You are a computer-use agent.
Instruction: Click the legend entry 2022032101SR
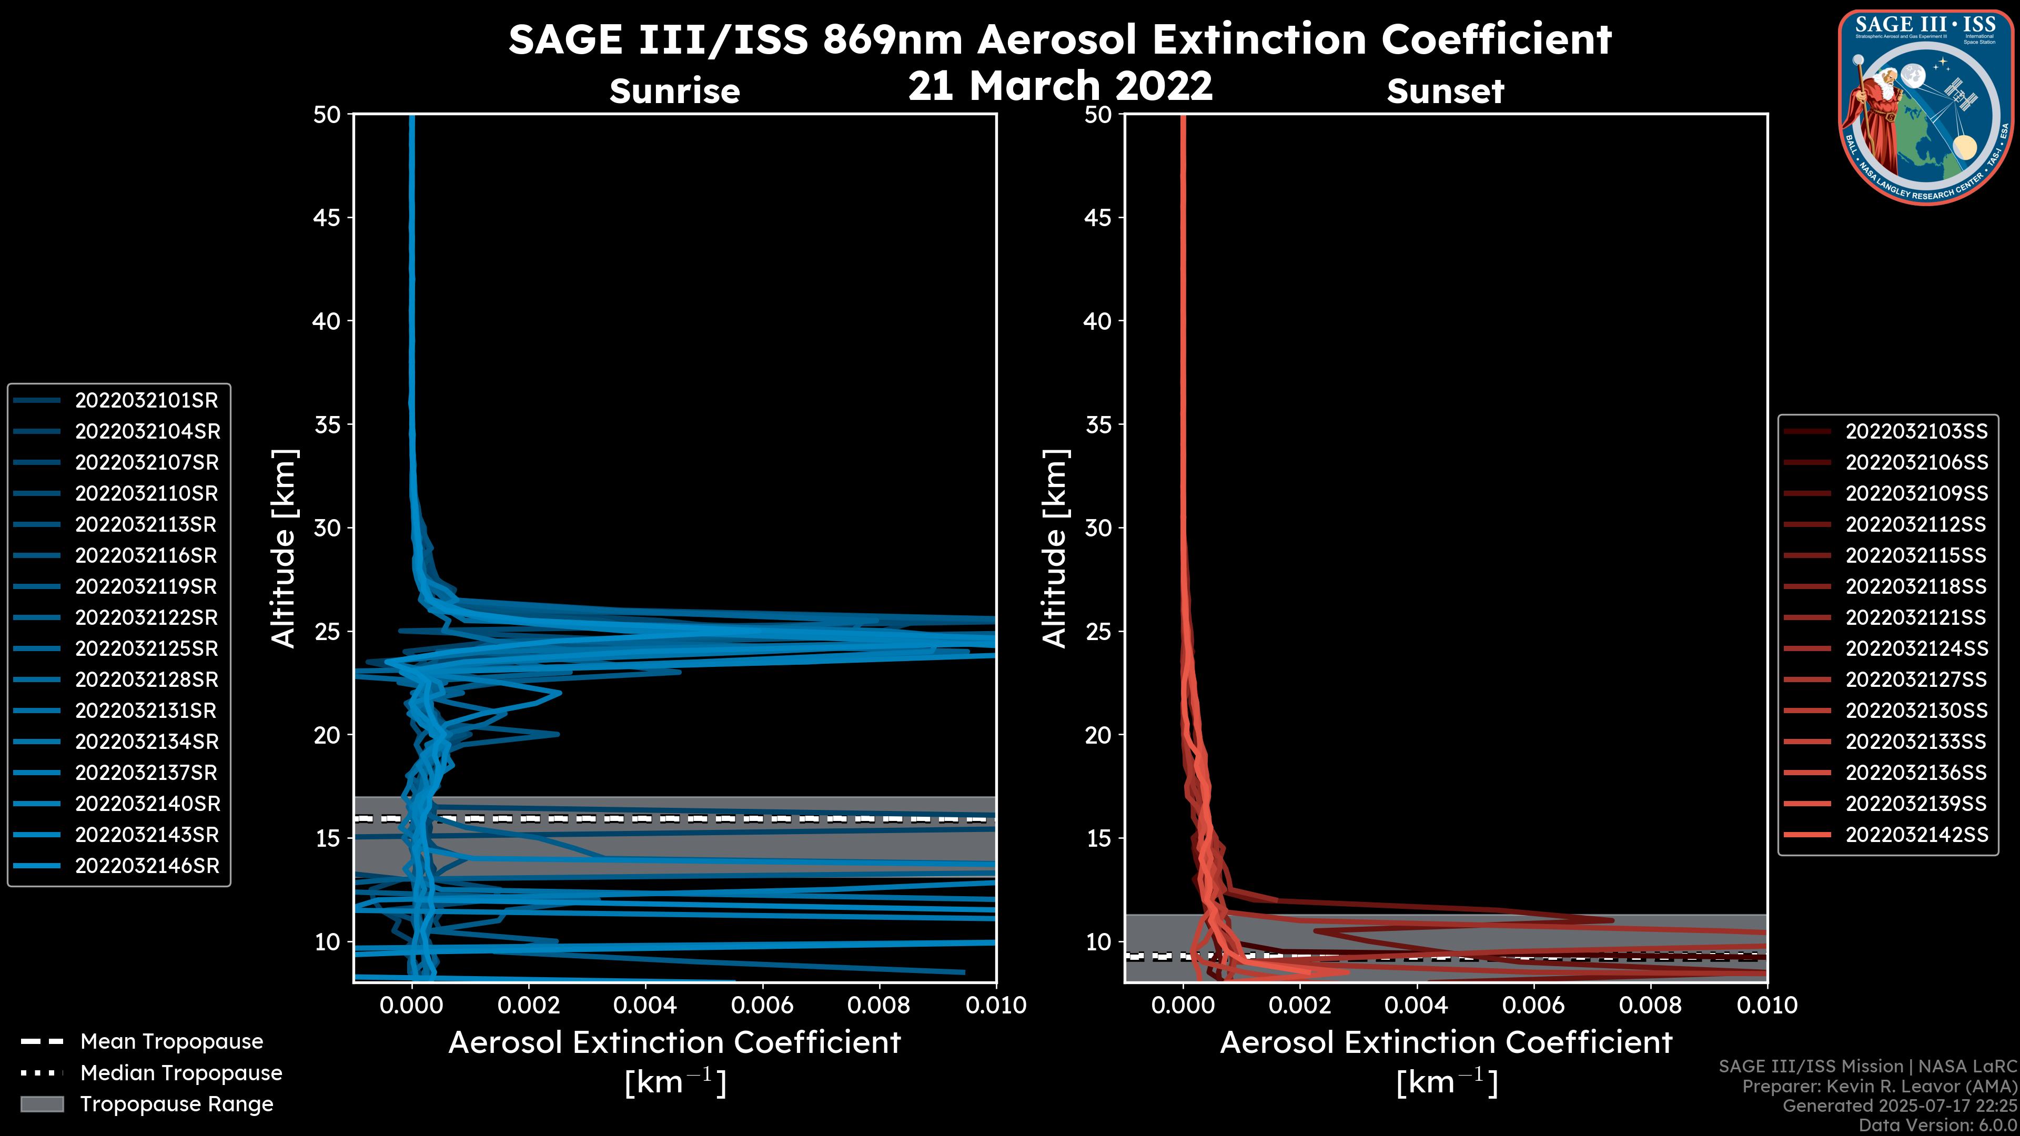pyautogui.click(x=146, y=401)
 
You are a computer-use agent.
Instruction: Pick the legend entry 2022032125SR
pyautogui.click(x=146, y=649)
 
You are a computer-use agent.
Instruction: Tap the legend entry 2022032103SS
pyautogui.click(x=1916, y=432)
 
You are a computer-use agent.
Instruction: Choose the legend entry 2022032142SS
pyautogui.click(x=1916, y=835)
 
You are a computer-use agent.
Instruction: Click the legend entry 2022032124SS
pyautogui.click(x=1916, y=649)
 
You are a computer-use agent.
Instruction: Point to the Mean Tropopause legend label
pyautogui.click(x=171, y=1042)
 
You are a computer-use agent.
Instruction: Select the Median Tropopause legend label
pyautogui.click(x=181, y=1073)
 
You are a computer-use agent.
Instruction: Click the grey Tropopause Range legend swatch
pyautogui.click(x=42, y=1104)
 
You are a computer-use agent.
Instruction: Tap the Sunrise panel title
pyautogui.click(x=674, y=91)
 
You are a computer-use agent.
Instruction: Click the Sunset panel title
pyautogui.click(x=1445, y=91)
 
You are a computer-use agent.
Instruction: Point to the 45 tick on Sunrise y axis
pyautogui.click(x=327, y=218)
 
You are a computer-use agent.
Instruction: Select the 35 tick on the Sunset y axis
pyautogui.click(x=1098, y=425)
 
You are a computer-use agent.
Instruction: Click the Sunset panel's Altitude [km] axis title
pyautogui.click(x=1055, y=549)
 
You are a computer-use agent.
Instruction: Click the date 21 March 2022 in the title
pyautogui.click(x=1060, y=85)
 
